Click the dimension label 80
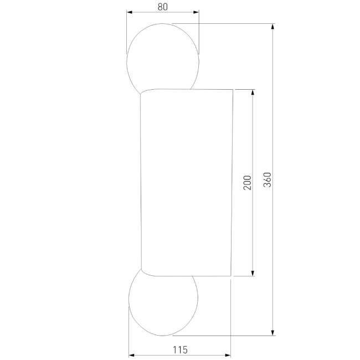click(162, 7)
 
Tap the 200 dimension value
click(247, 182)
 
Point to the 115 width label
click(180, 349)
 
